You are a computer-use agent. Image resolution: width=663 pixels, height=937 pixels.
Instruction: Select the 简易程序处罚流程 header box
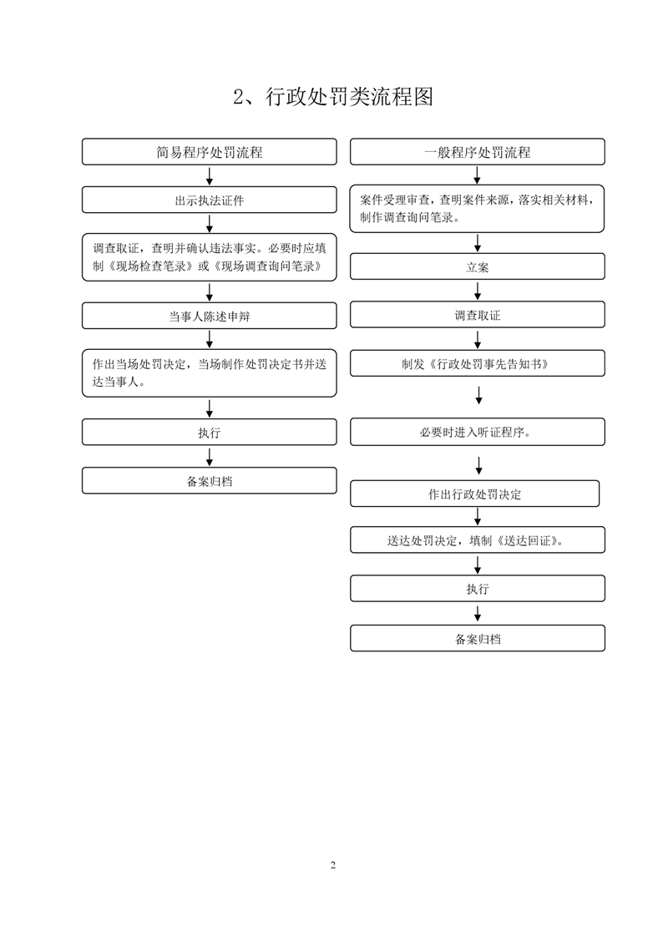point(209,152)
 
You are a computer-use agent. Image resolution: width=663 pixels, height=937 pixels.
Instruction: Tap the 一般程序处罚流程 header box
point(478,152)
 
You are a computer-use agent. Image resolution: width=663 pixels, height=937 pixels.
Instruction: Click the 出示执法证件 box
point(209,200)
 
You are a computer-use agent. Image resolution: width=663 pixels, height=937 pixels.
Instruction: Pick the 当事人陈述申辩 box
point(209,316)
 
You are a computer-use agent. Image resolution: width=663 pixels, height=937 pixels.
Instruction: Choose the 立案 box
point(478,266)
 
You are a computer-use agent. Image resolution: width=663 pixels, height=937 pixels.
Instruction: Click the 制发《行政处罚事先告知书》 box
point(478,363)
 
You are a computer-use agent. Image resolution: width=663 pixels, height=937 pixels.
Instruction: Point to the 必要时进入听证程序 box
point(478,432)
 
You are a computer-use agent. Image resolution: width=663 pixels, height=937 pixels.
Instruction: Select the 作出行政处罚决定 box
point(475,494)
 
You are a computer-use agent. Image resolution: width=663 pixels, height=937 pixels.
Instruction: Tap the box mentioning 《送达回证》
point(478,539)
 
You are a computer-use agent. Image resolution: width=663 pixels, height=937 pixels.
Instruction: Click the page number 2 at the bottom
point(332,864)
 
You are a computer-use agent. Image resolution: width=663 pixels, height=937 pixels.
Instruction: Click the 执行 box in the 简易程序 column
point(209,432)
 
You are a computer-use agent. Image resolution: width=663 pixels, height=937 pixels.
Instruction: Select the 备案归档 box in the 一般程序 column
point(478,638)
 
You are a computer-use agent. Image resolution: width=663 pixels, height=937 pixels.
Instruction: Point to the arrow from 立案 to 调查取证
point(478,291)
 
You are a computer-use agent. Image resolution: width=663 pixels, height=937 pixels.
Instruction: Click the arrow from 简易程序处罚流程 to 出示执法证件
point(209,175)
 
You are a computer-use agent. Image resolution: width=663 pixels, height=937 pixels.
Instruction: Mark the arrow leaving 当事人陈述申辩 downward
point(209,339)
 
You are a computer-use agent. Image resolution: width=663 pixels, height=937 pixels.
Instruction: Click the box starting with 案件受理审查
point(478,209)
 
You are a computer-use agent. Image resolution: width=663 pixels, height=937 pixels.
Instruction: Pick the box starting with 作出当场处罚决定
point(209,373)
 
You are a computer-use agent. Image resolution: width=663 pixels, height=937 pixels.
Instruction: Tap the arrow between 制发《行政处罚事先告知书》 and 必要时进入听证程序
point(478,395)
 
